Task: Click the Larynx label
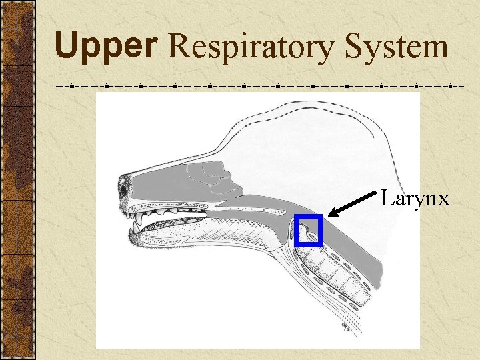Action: point(415,199)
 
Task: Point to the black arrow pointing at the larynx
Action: point(353,203)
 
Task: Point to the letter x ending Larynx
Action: point(444,200)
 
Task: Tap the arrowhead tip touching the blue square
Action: point(331,215)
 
